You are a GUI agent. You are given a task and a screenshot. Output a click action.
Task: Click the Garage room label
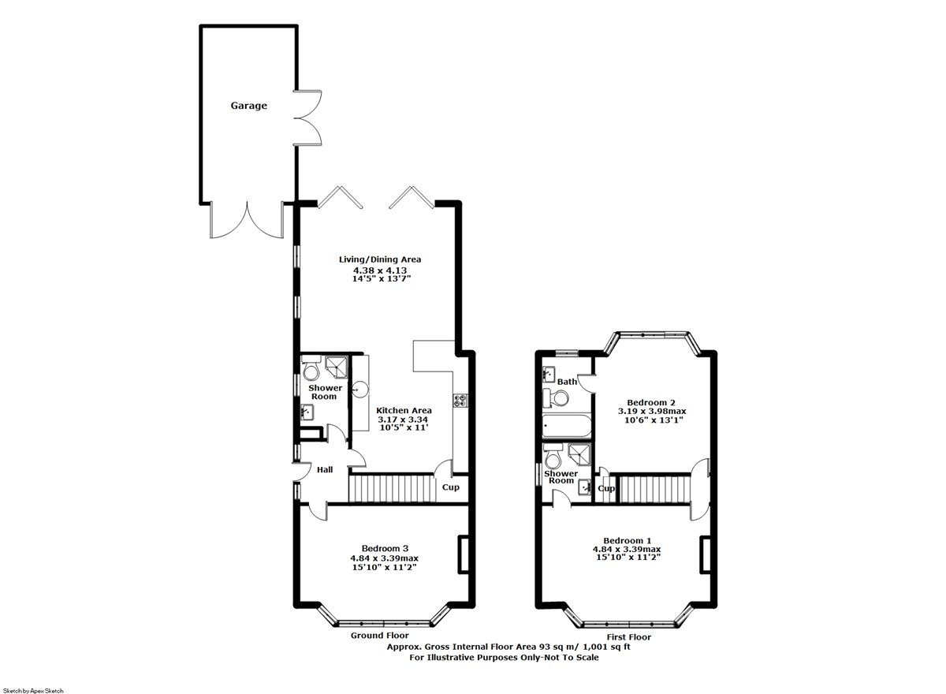coord(249,106)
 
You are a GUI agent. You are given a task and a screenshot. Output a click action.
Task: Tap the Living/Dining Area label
coord(380,259)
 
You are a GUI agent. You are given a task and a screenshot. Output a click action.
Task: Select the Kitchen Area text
coord(404,410)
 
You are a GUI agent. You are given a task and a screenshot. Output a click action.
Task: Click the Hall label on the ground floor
coord(325,469)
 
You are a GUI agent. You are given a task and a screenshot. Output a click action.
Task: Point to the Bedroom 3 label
coord(385,548)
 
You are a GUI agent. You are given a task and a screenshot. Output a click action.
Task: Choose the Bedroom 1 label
coord(628,540)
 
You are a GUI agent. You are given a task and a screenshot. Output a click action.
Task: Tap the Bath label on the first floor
coord(567,382)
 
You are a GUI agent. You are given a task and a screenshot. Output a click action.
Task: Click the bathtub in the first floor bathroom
coord(567,426)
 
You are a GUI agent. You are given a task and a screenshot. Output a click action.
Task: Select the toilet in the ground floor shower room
coord(311,368)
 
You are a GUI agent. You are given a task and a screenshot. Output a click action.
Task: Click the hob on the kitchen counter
coord(460,401)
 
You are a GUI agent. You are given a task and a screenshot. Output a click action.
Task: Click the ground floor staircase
coord(392,489)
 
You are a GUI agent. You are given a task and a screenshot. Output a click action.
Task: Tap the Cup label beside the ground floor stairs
coord(451,487)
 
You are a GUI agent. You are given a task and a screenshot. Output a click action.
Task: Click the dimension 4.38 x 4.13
coord(380,270)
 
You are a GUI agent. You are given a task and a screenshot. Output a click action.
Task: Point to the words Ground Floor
coord(380,636)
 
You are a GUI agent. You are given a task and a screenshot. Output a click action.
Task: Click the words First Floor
coord(629,637)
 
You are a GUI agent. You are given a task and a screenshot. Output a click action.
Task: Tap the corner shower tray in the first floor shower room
coord(579,454)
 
